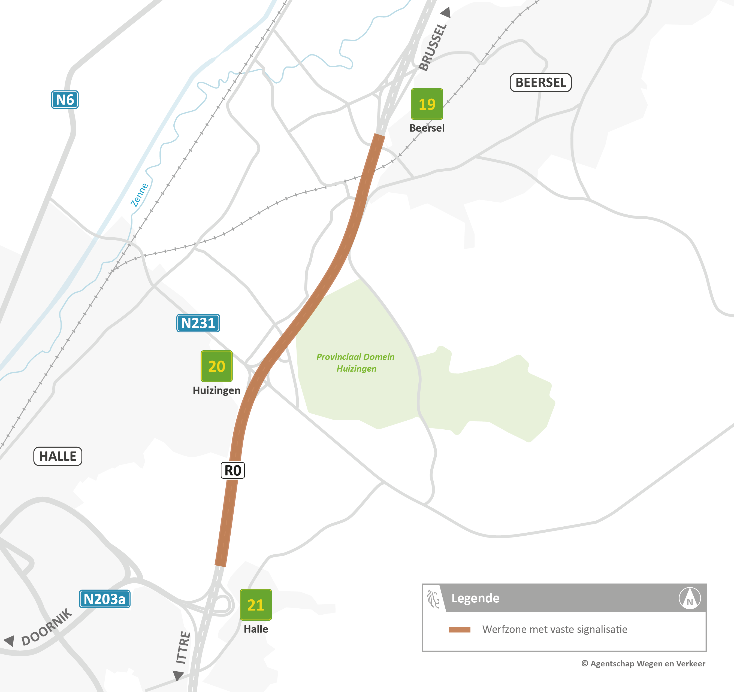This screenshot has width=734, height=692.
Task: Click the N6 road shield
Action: pos(65,100)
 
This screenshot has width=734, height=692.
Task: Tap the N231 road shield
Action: pos(198,323)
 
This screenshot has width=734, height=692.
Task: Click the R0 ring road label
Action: pos(232,471)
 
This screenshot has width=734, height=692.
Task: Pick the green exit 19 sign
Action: pos(427,104)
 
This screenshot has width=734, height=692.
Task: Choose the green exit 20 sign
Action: pos(216,366)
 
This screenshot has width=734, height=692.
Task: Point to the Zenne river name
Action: pos(139,195)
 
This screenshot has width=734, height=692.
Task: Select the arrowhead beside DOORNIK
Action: pos(10,640)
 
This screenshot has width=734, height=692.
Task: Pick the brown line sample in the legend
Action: pos(459,630)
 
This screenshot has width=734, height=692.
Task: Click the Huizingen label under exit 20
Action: pos(216,390)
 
